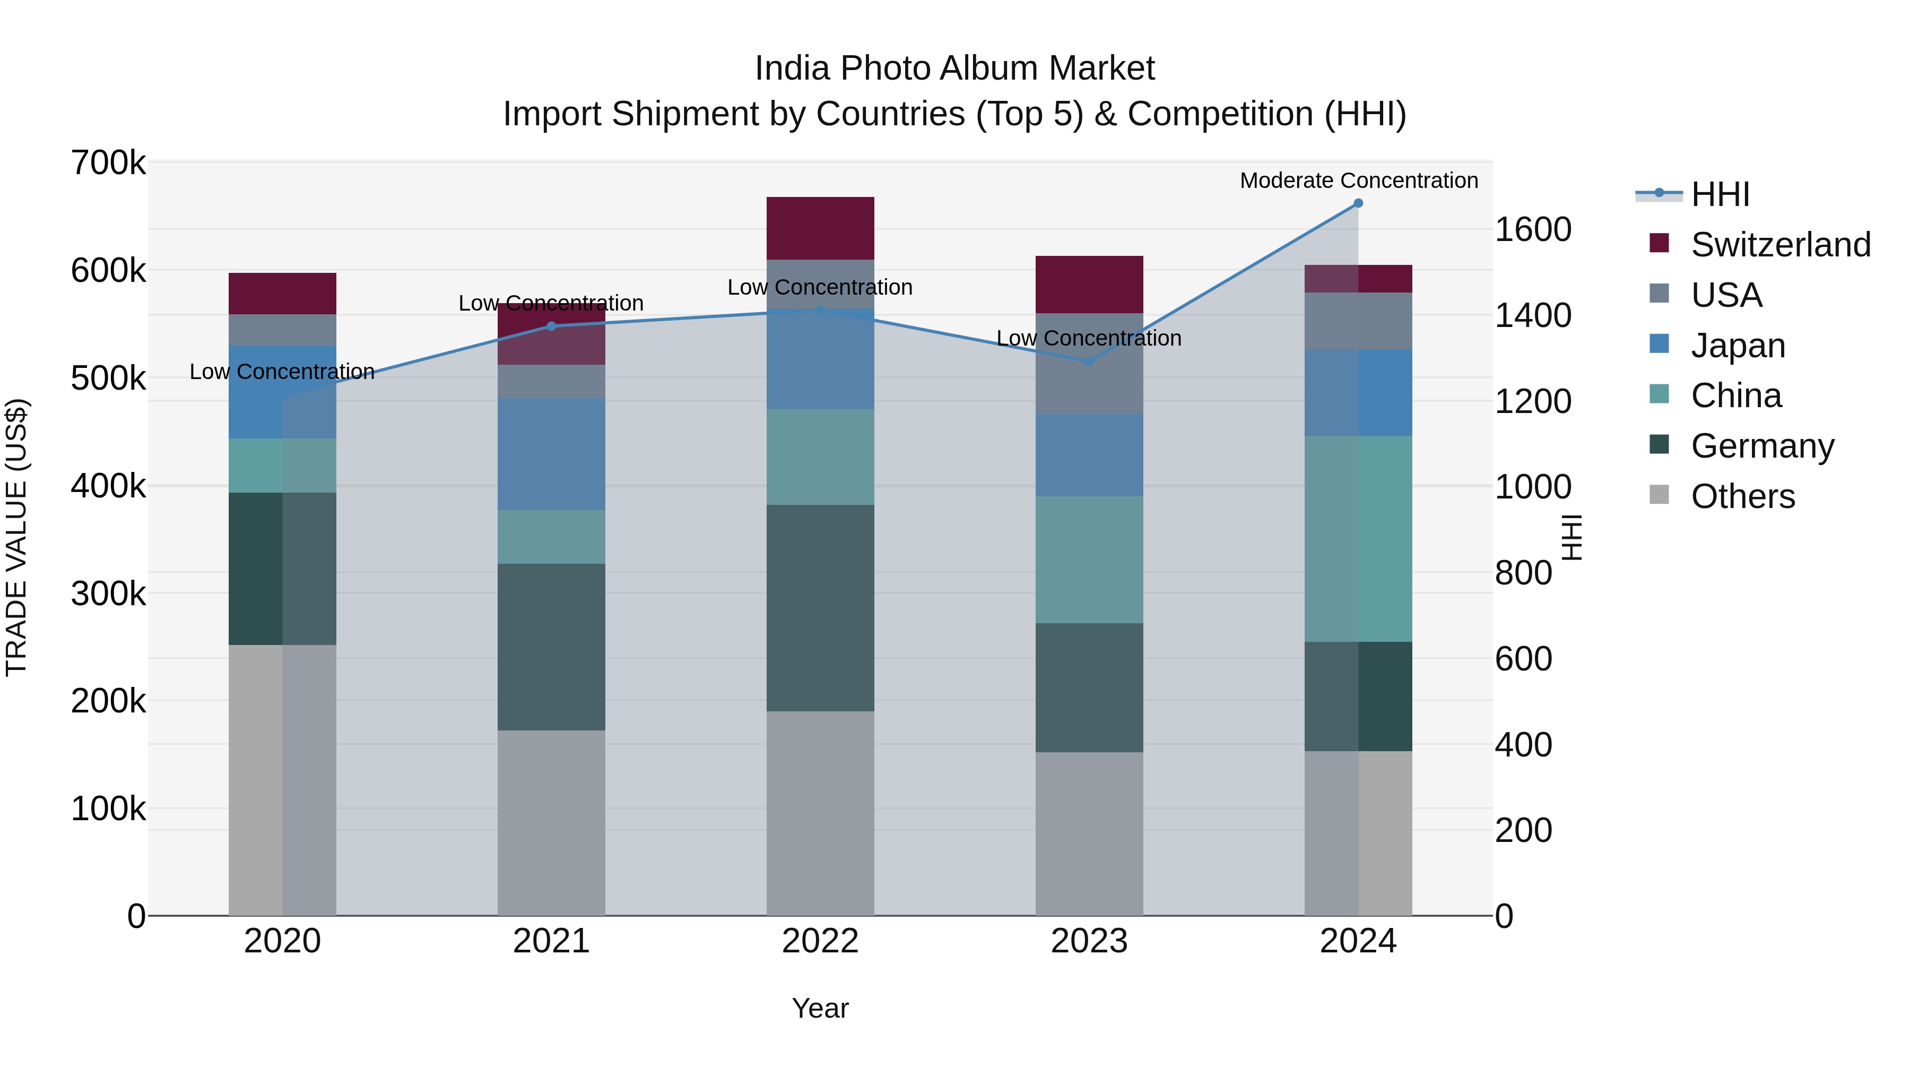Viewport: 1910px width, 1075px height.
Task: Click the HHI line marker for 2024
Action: [1358, 203]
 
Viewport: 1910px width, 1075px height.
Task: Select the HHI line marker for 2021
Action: [551, 326]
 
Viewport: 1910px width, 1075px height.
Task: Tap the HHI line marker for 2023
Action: [1089, 362]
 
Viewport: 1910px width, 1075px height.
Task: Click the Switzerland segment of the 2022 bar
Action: [820, 228]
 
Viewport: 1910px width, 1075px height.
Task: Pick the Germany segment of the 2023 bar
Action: [1089, 687]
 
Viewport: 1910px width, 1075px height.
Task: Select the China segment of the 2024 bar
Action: [1358, 539]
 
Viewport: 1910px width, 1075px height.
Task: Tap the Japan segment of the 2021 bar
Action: [551, 454]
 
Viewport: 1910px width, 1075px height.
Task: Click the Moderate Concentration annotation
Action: [1358, 180]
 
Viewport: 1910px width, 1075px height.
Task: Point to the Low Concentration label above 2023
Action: [1089, 338]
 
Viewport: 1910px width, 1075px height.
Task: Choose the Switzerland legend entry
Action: [1780, 245]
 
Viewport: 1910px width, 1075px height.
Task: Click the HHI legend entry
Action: [1720, 194]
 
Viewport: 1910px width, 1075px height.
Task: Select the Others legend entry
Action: [1742, 496]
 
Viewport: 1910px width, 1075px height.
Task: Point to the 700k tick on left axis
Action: [108, 162]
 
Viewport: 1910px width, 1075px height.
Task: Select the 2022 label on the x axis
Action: [820, 941]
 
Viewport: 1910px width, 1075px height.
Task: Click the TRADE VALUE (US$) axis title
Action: [16, 537]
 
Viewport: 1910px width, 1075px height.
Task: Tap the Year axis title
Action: [820, 1008]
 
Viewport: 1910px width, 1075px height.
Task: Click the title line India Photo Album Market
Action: [954, 68]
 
